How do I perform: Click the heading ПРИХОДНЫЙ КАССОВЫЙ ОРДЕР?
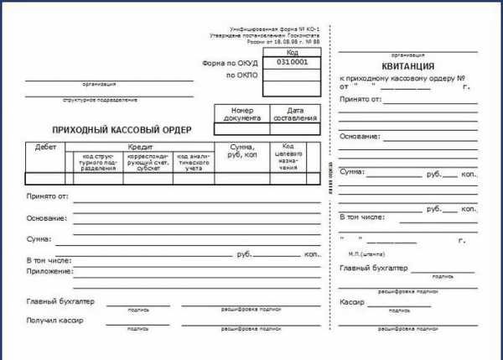(122, 130)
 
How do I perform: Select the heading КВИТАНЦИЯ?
(407, 66)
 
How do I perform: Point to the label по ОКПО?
(242, 76)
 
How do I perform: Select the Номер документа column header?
(241, 114)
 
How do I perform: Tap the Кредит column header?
(140, 147)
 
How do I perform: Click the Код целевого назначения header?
(288, 156)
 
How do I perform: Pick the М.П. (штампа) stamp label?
(366, 253)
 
